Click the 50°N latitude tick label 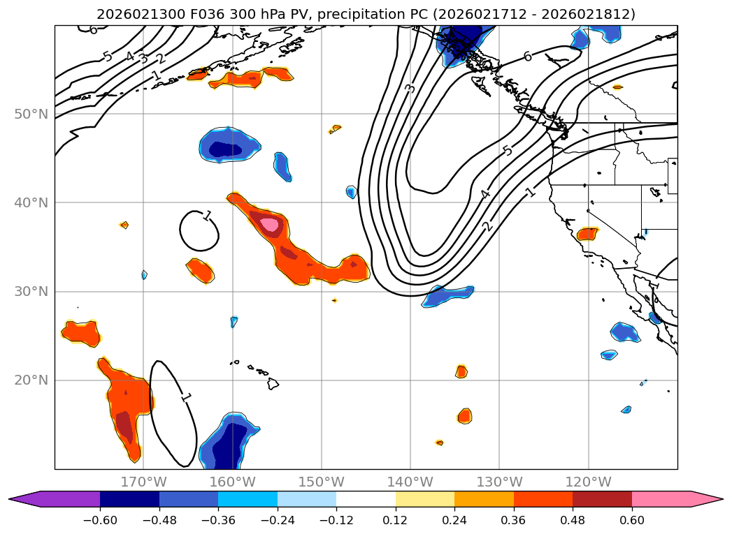(31, 114)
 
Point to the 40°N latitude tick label (31, 202)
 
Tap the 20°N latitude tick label (31, 380)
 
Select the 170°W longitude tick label (143, 482)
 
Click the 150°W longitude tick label (322, 482)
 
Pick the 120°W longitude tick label (588, 482)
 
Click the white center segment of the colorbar (366, 499)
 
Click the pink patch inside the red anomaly (270, 224)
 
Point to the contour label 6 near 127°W (528, 57)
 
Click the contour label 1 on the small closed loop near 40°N (207, 216)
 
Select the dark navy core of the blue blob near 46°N (227, 149)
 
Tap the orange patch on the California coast (587, 233)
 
